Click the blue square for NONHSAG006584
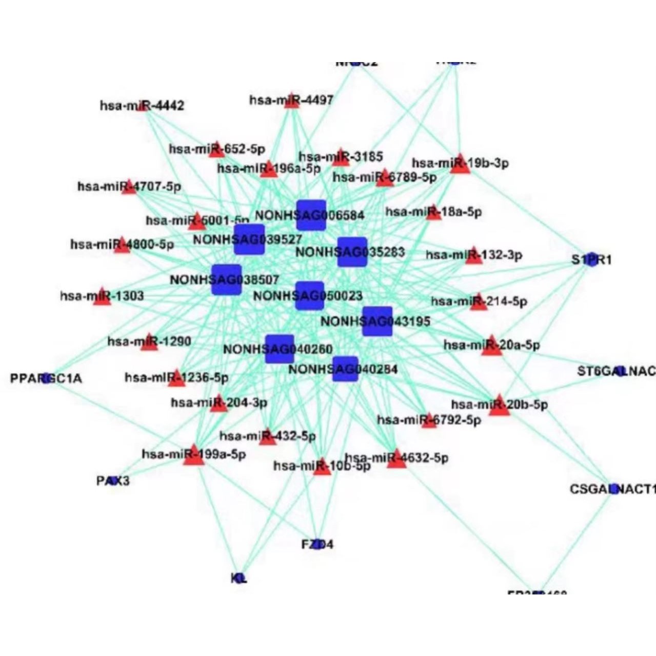pos(311,215)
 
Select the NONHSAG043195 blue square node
pos(377,321)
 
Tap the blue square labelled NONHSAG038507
pos(226,280)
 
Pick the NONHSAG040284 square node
pos(345,369)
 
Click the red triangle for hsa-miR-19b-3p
pos(460,164)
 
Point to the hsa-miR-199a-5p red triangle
pos(194,455)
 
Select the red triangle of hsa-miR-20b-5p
pos(500,406)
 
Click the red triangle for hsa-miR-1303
pos(102,296)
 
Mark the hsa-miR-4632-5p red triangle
pos(396,459)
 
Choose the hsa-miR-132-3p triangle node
pos(474,256)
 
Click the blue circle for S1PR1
pos(592,260)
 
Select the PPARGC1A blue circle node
pos(47,379)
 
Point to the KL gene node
pos(239,578)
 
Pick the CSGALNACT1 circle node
pos(613,489)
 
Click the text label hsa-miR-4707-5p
pos(129,187)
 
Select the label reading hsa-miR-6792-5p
pos(429,421)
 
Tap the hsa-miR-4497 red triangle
pos(291,101)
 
